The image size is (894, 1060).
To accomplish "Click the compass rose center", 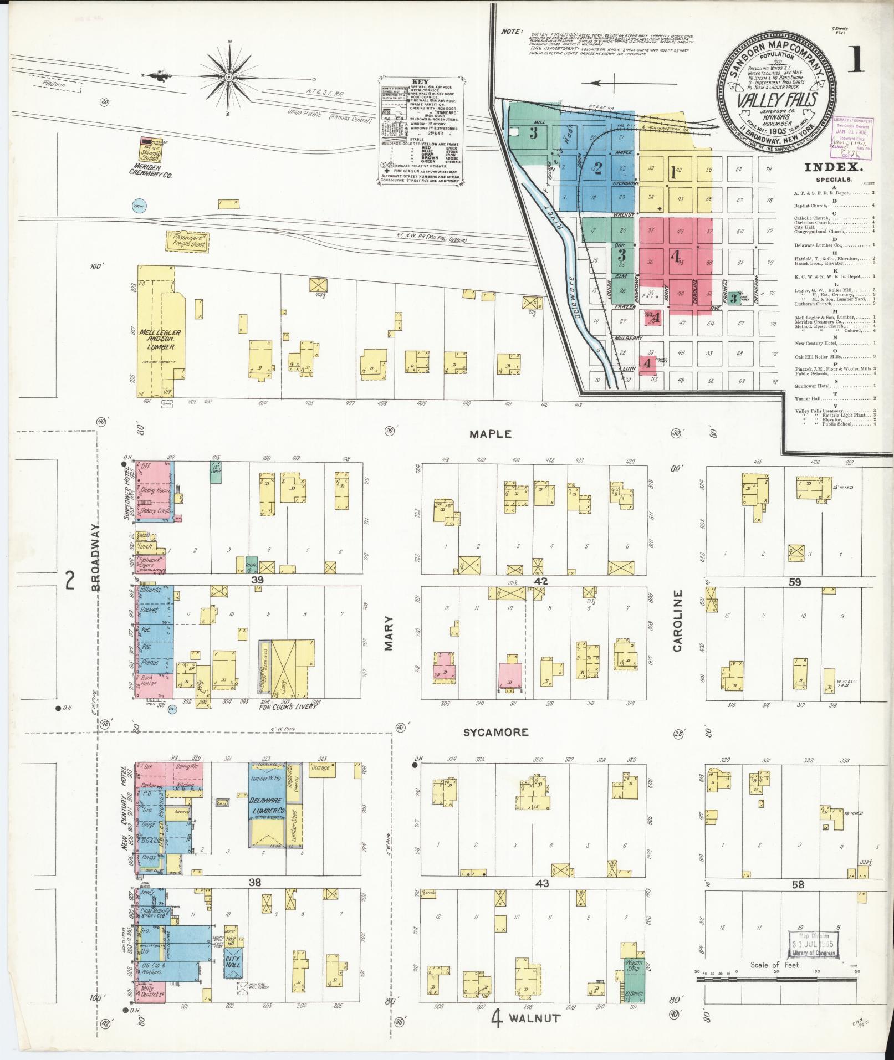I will (x=228, y=76).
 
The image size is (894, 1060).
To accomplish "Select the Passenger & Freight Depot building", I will (x=187, y=240).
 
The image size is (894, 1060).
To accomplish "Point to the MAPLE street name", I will (x=490, y=434).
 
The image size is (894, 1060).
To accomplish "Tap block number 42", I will (x=541, y=581).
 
